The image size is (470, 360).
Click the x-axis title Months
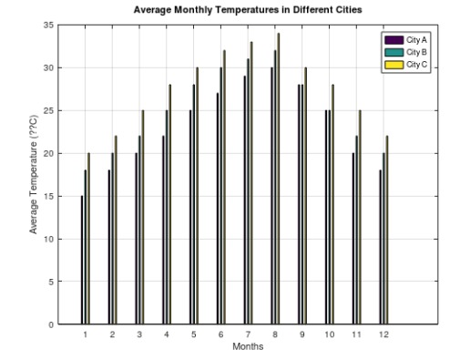[x=248, y=346]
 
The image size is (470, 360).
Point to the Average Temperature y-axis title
[x=34, y=174]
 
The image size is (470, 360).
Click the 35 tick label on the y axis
[x=49, y=26]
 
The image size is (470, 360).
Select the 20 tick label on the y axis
[x=49, y=153]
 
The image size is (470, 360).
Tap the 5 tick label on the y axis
[x=52, y=282]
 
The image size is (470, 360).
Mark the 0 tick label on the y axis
[x=52, y=324]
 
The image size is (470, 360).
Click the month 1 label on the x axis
[x=86, y=334]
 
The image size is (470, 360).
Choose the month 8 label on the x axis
[x=275, y=334]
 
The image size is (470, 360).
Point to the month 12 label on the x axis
[x=384, y=334]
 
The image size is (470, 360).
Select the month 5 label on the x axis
[x=194, y=334]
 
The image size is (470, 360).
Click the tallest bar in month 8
[x=279, y=179]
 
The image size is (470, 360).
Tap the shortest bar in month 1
[x=82, y=260]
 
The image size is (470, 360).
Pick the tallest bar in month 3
[x=143, y=217]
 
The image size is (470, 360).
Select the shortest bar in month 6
[x=217, y=209]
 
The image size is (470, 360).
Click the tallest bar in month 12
[x=387, y=230]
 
